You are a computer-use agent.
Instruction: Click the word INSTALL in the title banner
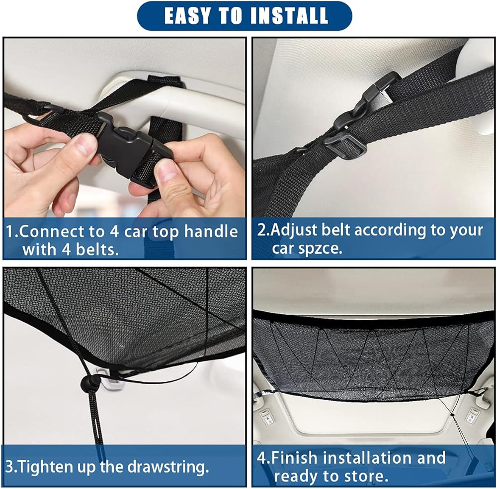tap(289, 16)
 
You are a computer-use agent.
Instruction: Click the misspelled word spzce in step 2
tap(307, 248)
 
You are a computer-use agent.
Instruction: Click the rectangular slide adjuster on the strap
tap(345, 145)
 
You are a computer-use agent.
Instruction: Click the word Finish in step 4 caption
tap(294, 458)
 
